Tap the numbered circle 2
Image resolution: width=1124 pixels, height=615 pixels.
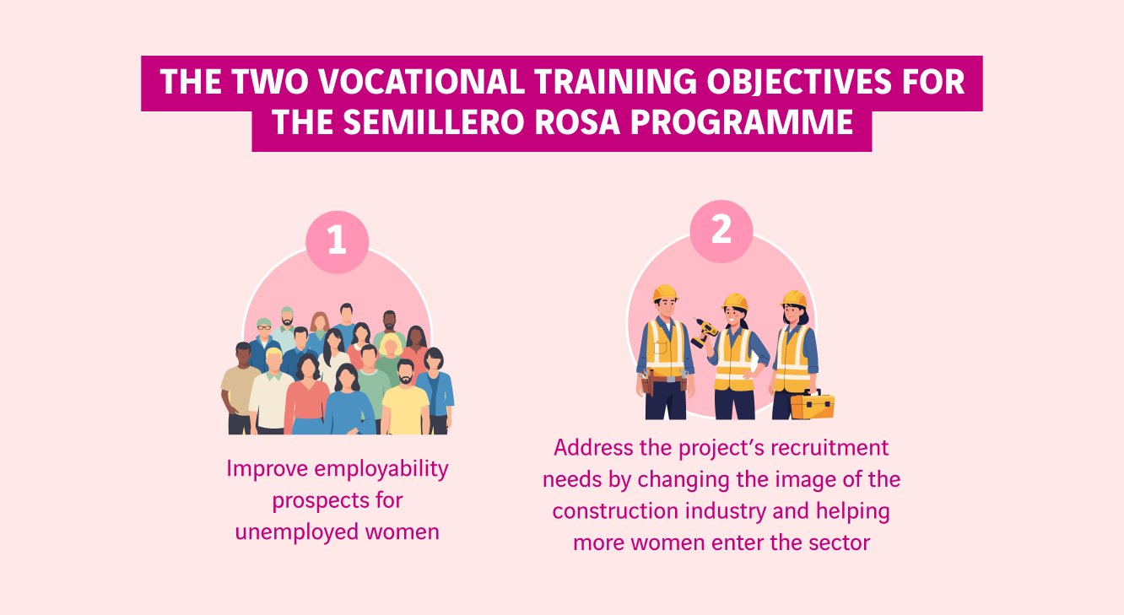(x=721, y=229)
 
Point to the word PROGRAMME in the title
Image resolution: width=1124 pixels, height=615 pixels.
(x=751, y=123)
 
